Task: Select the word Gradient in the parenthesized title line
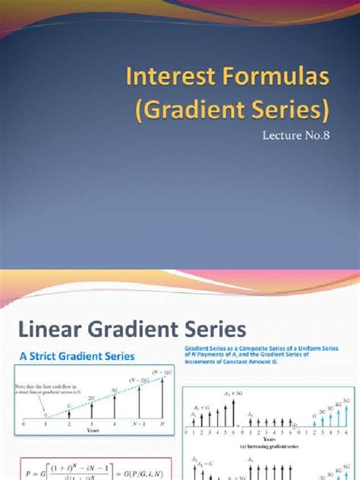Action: [x=194, y=112]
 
